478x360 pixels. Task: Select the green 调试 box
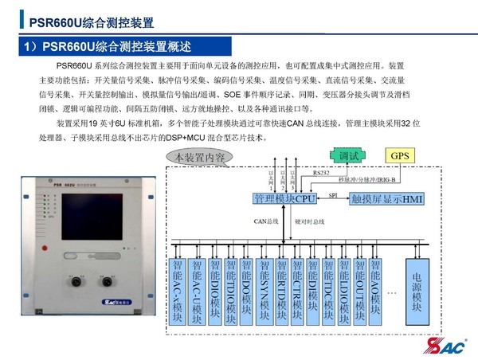(x=349, y=155)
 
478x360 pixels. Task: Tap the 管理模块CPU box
(x=284, y=198)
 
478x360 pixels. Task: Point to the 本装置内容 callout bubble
(x=200, y=157)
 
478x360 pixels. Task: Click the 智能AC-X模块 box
(x=179, y=289)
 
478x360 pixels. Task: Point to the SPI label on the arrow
(x=333, y=193)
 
